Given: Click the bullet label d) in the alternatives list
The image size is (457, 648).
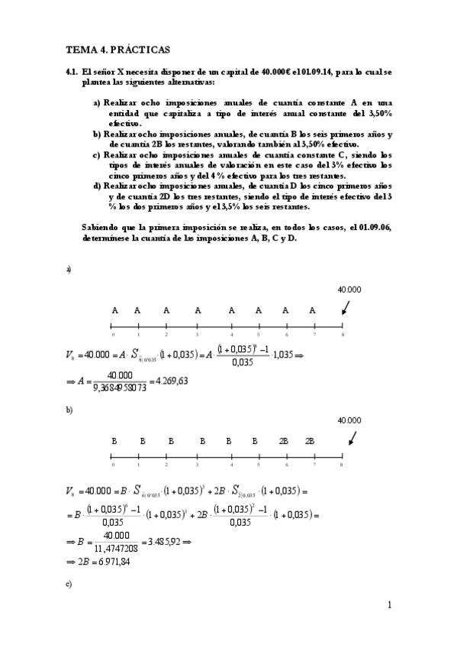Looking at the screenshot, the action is [x=98, y=186].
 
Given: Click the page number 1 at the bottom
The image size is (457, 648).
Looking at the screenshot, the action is [x=389, y=606].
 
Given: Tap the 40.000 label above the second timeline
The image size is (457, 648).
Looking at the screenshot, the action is [x=349, y=420].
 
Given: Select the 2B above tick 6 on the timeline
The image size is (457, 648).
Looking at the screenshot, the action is [x=284, y=442].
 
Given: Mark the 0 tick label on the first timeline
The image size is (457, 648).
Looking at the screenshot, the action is [x=113, y=335].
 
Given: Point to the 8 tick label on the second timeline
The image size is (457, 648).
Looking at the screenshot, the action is [x=342, y=465].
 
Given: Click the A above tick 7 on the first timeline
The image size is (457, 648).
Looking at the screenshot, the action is [x=313, y=310].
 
